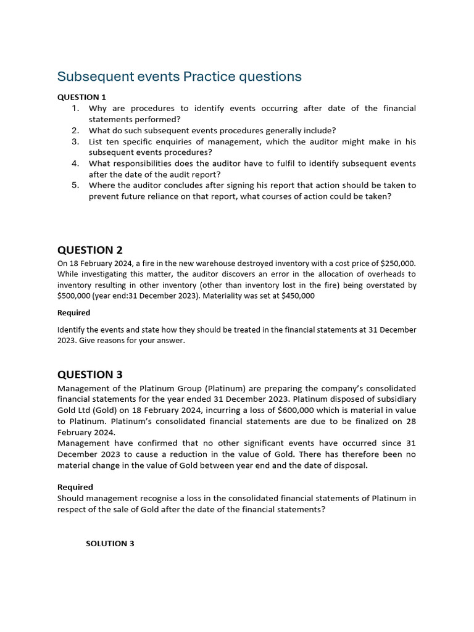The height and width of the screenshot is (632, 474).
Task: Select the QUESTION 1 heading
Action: coord(82,97)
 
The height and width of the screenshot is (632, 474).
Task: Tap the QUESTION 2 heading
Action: coord(90,250)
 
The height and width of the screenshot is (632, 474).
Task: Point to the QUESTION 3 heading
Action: coord(90,375)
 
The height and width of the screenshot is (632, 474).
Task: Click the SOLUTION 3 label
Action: coord(110,544)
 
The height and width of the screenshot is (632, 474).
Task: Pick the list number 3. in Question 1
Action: coord(75,141)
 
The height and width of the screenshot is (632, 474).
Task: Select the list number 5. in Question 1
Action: coord(75,185)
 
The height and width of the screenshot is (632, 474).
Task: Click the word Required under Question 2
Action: coord(73,313)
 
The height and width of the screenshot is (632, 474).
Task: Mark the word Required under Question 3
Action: coord(75,487)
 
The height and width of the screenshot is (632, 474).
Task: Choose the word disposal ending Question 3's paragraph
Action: coord(350,465)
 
